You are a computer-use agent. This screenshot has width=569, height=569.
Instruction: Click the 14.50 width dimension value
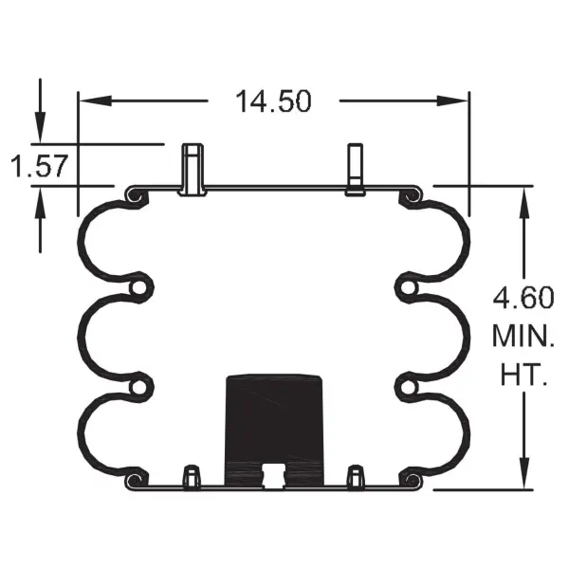click(274, 101)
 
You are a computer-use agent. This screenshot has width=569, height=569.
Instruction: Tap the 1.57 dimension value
click(38, 167)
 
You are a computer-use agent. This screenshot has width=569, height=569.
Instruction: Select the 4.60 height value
click(523, 299)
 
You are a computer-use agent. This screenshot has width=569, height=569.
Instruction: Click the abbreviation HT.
click(523, 373)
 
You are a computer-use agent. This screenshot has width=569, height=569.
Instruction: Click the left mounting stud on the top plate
click(193, 169)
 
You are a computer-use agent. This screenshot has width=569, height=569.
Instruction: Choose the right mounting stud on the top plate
click(356, 170)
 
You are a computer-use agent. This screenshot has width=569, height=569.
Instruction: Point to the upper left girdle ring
click(140, 286)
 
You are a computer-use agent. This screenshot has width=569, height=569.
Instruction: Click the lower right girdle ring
click(408, 385)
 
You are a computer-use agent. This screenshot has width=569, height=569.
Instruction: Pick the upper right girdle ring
click(408, 286)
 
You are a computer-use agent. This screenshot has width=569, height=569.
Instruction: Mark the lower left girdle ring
click(140, 385)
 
